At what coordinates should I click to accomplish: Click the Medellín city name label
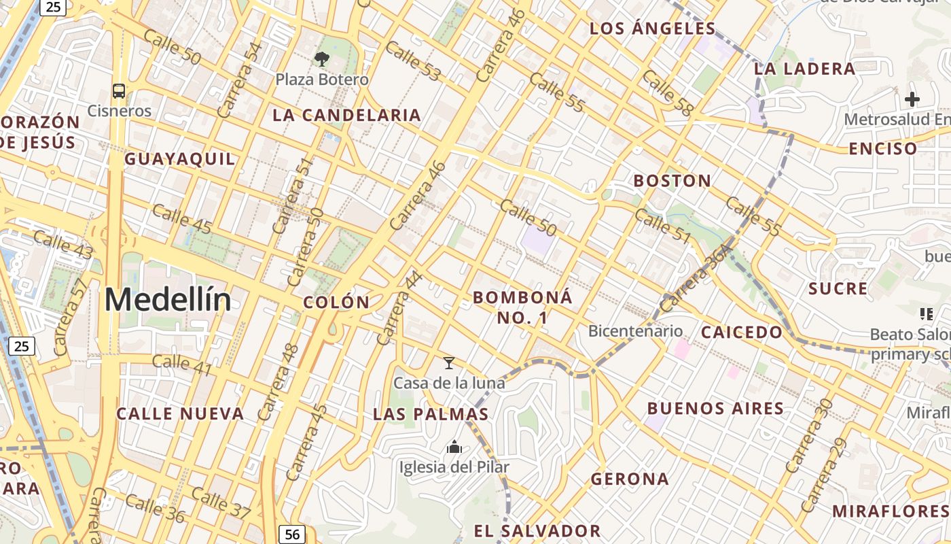[x=168, y=300]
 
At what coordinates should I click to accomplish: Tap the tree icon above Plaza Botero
[x=322, y=59]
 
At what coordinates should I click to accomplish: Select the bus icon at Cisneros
[x=119, y=90]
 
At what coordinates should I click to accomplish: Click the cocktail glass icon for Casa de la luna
[x=449, y=363]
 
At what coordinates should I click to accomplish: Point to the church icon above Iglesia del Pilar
[x=454, y=447]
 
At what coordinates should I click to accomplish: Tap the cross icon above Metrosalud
[x=912, y=99]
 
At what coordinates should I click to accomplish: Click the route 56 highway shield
[x=292, y=534]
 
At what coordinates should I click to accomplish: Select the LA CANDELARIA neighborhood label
[x=346, y=115]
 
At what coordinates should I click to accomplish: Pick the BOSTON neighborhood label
[x=672, y=181]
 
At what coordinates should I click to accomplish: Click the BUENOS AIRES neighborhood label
[x=715, y=409]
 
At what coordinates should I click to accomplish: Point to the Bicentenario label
[x=635, y=331]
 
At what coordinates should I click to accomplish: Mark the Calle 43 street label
[x=62, y=244]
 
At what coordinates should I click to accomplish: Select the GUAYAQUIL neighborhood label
[x=179, y=159]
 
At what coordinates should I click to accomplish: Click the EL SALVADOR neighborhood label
[x=537, y=531]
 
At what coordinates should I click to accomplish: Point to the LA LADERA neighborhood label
[x=804, y=69]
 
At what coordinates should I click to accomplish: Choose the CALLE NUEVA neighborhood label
[x=180, y=414]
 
